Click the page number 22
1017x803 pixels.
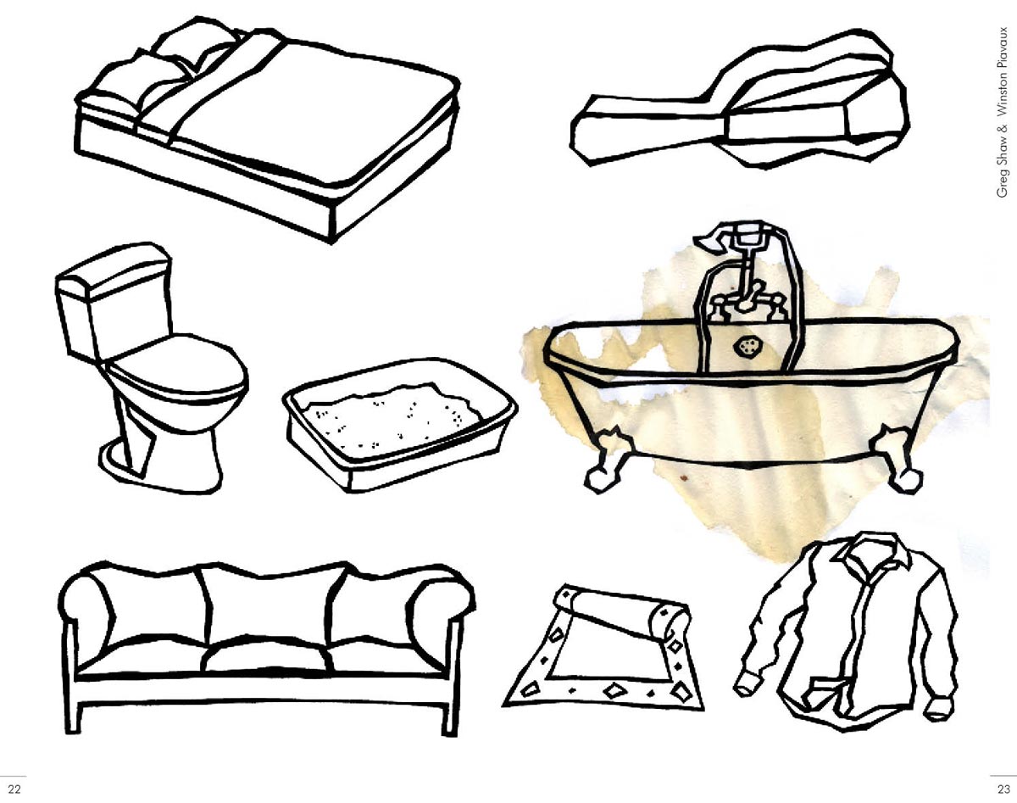[14, 789]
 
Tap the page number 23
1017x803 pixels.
[1003, 789]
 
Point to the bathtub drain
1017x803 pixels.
[746, 347]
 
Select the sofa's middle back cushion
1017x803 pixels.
[270, 605]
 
